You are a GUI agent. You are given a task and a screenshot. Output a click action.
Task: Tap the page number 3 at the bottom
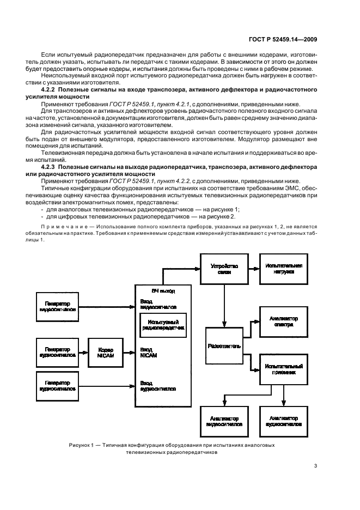click(315, 465)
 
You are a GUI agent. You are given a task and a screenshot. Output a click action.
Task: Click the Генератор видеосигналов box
click(57, 305)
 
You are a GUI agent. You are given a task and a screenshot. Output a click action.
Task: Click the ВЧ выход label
click(163, 291)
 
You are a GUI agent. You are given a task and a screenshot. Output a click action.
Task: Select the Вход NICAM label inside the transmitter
click(149, 351)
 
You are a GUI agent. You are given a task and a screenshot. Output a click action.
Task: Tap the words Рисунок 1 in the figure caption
click(82, 445)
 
